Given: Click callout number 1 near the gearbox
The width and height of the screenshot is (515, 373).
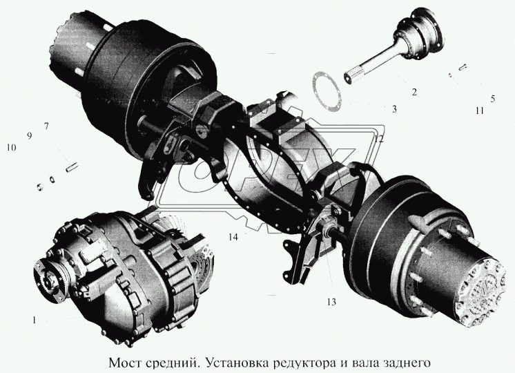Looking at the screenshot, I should pos(32,320).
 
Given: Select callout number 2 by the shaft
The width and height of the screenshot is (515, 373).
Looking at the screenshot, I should pos(414,91).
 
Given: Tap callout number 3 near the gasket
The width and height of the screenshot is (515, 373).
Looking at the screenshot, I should pos(393,109).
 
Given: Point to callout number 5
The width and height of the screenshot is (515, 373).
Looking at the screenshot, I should pos(492,99).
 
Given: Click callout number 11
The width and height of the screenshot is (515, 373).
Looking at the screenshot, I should pos(478,110).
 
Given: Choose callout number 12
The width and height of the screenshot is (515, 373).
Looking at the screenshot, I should pos(379,138).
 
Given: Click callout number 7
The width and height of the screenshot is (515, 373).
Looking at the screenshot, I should pos(46,126).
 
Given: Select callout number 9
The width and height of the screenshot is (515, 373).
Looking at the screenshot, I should pos(30,135).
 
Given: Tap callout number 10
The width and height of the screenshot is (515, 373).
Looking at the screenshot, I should pos(11,147).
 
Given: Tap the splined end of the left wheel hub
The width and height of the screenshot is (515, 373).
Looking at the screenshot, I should pos(64,43).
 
